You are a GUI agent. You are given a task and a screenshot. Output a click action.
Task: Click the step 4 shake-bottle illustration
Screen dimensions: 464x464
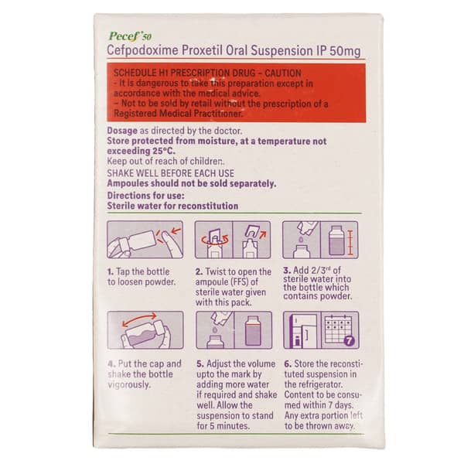[x=145, y=330]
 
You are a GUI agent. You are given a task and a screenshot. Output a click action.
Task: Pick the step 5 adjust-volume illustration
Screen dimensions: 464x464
[x=233, y=330]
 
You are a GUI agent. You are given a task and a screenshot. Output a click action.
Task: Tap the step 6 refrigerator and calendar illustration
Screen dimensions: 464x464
[x=319, y=330]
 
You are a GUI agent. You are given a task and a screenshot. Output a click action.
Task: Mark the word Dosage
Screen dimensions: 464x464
[x=121, y=131]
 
